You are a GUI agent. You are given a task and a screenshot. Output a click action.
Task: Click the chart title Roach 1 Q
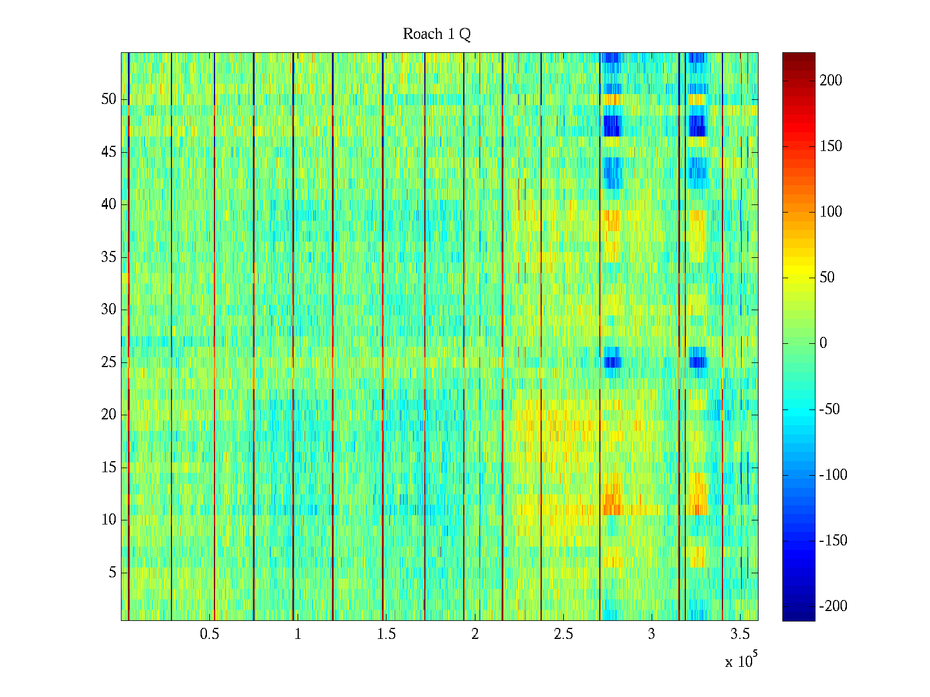tap(437, 34)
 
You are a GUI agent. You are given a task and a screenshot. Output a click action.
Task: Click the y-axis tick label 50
tap(109, 99)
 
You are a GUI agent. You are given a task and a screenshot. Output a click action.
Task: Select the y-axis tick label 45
tap(109, 152)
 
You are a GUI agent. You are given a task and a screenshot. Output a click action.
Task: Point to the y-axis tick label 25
tap(109, 362)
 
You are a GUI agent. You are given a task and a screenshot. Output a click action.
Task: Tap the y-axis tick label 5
tap(112, 573)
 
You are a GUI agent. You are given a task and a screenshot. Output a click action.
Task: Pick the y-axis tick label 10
tap(109, 520)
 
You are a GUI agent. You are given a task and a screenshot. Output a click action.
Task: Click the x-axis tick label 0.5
tap(209, 634)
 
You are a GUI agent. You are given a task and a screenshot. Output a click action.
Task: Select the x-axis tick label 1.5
tap(386, 634)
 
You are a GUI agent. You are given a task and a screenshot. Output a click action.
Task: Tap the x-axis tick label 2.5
tap(563, 634)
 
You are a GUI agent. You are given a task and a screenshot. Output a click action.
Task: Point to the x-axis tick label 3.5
tap(739, 634)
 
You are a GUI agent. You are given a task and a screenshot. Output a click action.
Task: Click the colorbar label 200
tap(831, 81)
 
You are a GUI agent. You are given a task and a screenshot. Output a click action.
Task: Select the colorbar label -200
tap(833, 606)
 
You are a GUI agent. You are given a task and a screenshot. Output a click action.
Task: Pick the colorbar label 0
tap(823, 343)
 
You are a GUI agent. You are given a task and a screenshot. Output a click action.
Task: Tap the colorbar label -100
tap(833, 475)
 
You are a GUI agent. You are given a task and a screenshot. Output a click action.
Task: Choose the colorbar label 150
tap(831, 146)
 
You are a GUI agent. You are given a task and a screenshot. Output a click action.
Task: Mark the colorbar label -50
tap(830, 409)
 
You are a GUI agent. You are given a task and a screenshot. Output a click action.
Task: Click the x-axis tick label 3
tap(651, 634)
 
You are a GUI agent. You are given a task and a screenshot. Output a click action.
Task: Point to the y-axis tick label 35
tap(109, 257)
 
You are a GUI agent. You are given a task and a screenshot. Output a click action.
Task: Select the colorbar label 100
tap(831, 212)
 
